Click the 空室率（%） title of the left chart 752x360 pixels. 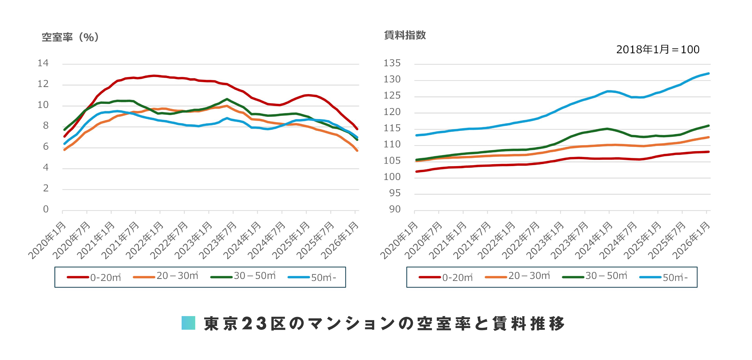coord(70,37)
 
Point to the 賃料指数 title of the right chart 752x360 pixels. coord(405,35)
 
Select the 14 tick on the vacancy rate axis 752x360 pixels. coord(43,63)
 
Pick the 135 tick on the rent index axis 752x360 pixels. coord(392,63)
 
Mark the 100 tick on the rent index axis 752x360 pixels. coord(392,177)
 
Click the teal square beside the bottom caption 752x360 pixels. coord(188,323)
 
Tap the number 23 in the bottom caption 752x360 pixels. coord(254,324)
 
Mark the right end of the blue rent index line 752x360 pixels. coord(709,74)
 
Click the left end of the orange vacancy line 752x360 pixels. coord(64,150)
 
